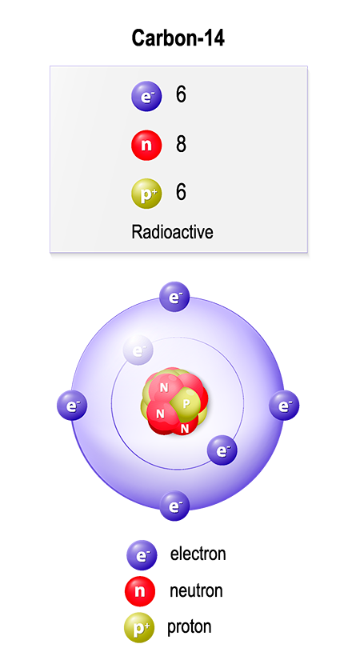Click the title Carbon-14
178,38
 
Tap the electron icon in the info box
146,96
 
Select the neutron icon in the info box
146,145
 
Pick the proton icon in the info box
146,194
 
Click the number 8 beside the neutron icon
181,144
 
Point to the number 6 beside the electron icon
181,94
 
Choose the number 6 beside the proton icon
181,192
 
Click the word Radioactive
172,232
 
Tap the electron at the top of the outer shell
174,297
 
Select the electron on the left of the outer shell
72,405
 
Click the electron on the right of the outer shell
284,405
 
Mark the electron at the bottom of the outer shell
174,506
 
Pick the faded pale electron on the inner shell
138,350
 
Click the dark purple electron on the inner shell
222,450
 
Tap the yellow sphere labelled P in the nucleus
185,404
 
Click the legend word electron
198,554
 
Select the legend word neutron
196,591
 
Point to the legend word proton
189,627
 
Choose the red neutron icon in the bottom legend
140,591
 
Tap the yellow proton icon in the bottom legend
139,627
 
